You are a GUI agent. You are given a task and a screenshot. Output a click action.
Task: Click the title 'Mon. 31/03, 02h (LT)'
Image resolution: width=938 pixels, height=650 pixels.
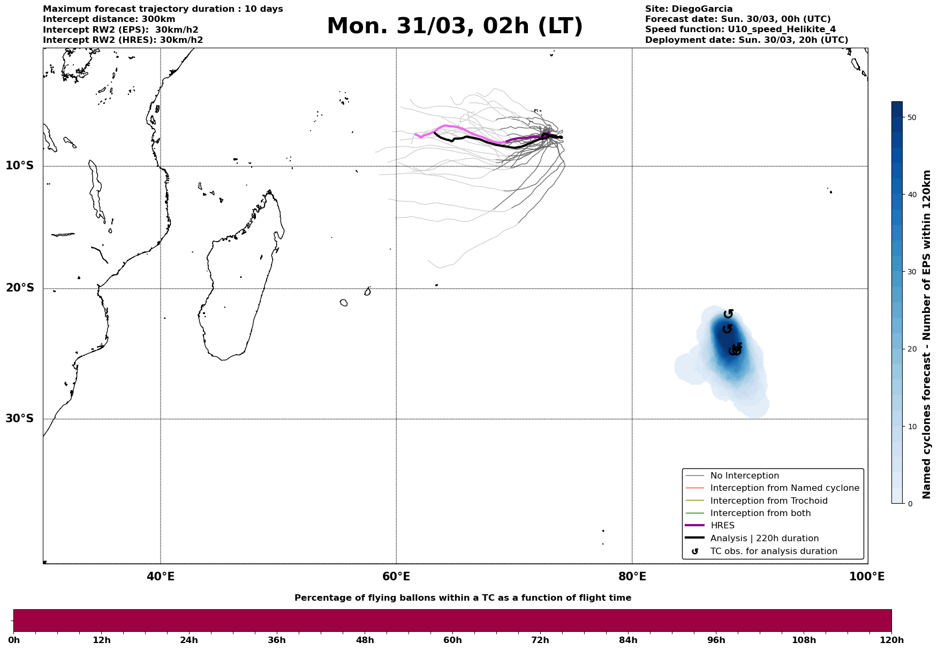455,27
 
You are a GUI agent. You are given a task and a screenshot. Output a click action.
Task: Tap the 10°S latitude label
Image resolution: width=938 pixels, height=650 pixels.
20,166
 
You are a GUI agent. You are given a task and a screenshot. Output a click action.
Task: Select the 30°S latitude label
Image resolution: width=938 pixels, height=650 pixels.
20,419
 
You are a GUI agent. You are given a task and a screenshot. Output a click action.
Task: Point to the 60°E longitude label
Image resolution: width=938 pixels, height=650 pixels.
396,577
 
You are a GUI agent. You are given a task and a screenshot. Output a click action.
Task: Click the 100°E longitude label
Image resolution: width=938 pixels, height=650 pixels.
867,577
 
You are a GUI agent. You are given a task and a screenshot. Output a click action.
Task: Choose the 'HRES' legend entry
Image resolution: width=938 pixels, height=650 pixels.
722,526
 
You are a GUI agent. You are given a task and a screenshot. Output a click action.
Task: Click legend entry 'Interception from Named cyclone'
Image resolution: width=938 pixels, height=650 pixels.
784,488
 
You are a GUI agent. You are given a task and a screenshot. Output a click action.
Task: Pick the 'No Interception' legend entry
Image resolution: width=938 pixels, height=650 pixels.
744,476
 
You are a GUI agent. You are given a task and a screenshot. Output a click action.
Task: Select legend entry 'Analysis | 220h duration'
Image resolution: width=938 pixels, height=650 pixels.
764,539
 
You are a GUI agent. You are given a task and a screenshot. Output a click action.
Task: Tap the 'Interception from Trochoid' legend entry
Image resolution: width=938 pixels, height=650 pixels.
768,501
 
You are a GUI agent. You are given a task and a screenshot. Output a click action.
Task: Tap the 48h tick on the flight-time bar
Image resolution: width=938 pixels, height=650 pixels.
365,640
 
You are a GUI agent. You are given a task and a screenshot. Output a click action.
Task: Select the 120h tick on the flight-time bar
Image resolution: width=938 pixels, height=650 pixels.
891,640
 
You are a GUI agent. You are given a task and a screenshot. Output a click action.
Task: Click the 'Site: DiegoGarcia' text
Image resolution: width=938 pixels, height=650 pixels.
689,9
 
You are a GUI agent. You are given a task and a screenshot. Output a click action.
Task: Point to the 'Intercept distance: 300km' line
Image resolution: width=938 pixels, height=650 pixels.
109,19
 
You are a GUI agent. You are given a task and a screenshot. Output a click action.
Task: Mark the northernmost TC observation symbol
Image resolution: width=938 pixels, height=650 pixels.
728,314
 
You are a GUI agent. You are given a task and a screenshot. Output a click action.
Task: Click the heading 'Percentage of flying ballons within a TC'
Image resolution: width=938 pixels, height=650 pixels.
463,598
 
